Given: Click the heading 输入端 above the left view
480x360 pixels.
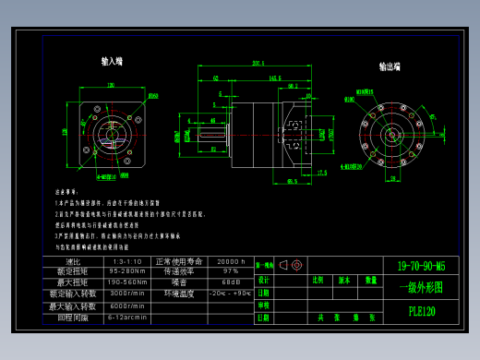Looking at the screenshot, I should [x=113, y=62].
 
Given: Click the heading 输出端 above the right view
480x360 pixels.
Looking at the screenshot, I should [x=390, y=67].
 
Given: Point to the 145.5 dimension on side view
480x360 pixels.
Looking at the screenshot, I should [x=274, y=78].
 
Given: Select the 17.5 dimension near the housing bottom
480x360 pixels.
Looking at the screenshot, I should [x=321, y=173].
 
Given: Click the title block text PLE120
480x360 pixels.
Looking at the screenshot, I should [x=421, y=312].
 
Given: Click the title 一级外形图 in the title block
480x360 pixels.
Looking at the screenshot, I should [x=421, y=287].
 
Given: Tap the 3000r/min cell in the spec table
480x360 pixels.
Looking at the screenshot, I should [x=127, y=294].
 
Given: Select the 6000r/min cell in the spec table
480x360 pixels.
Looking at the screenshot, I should [x=127, y=306].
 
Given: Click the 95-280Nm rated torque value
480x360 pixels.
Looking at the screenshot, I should [x=127, y=271].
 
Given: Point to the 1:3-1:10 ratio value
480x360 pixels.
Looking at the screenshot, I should [x=127, y=261].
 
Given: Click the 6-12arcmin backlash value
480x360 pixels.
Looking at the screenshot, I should [x=127, y=317].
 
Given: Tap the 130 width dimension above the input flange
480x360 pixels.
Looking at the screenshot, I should [x=112, y=86].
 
